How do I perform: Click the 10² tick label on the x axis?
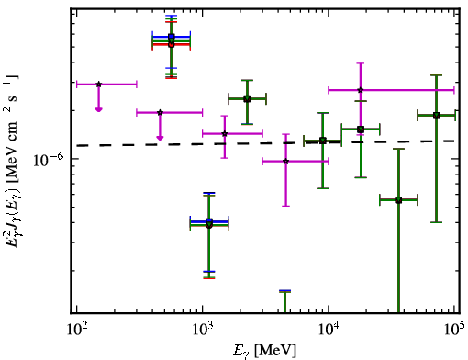point(78,331)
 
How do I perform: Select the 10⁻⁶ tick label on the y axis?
point(49,159)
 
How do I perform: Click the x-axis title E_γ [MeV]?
point(264,351)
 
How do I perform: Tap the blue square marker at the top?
point(172,37)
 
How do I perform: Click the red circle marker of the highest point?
point(171,45)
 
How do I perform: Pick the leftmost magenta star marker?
point(98,84)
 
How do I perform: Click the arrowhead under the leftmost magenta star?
point(98,109)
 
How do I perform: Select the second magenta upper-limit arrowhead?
point(160,138)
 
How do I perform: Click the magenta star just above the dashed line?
point(225,134)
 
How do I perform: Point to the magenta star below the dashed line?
point(286,162)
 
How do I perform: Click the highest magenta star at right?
point(361,90)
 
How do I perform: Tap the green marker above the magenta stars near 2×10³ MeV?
point(247,99)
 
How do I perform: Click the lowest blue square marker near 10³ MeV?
point(209,221)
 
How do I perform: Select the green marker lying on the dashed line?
point(322,141)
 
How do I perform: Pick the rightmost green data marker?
point(437,116)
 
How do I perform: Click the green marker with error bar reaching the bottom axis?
point(398,200)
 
